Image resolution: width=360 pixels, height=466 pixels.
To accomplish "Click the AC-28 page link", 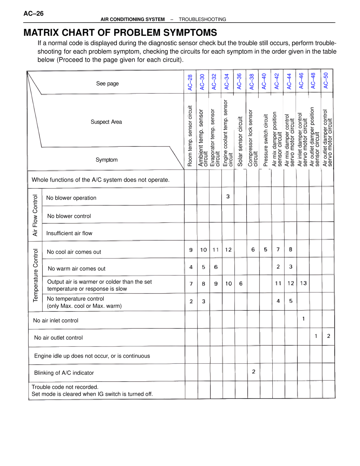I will point(190,82).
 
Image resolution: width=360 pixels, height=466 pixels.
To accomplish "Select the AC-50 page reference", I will point(326,80).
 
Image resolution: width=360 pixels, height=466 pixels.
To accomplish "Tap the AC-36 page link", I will point(239,81).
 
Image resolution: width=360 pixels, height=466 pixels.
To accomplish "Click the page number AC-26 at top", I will point(33,14).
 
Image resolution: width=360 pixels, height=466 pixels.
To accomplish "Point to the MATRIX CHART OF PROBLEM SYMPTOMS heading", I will point(120,33).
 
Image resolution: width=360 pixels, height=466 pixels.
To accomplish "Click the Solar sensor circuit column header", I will point(240,141).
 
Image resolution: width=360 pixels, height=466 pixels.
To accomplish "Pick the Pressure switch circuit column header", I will point(265,140).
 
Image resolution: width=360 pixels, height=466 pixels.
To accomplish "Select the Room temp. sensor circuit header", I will point(190,136).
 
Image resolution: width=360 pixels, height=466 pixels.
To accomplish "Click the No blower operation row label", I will point(71,198).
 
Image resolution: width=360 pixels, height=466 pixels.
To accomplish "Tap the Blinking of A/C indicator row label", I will point(64,373).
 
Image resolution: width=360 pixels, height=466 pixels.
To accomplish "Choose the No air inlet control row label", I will point(56,321).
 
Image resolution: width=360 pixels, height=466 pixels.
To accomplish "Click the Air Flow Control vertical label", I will point(35,215).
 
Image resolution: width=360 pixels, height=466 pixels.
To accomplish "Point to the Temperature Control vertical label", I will point(35,275).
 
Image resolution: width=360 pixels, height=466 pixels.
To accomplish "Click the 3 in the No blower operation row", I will point(228,196).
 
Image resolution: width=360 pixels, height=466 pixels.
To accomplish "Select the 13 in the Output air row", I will point(303,283).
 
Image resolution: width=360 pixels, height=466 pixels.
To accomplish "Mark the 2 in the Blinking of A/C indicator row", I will point(253,372).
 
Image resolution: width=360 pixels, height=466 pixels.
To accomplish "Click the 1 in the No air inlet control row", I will point(303,319).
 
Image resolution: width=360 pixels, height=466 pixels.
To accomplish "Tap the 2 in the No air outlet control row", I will point(328,336).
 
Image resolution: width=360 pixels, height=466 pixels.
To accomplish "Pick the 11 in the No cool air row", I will point(215,250).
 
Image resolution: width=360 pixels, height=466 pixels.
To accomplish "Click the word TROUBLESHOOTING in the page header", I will point(202,19).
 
